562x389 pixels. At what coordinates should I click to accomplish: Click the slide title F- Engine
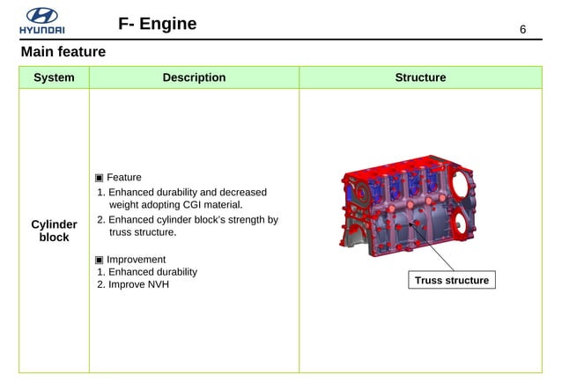click(x=157, y=23)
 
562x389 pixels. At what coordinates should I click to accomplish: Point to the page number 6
click(x=522, y=30)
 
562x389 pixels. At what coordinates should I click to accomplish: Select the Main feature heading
click(x=63, y=53)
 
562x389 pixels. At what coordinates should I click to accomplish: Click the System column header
click(x=54, y=77)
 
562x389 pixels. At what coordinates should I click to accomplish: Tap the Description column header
click(x=194, y=77)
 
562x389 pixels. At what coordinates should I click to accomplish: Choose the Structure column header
click(x=420, y=77)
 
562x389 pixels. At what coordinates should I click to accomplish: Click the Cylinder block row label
click(x=54, y=231)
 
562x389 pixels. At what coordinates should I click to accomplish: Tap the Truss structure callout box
click(x=452, y=281)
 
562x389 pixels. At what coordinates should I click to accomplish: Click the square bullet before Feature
click(x=100, y=178)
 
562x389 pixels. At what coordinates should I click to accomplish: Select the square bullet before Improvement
click(x=100, y=260)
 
